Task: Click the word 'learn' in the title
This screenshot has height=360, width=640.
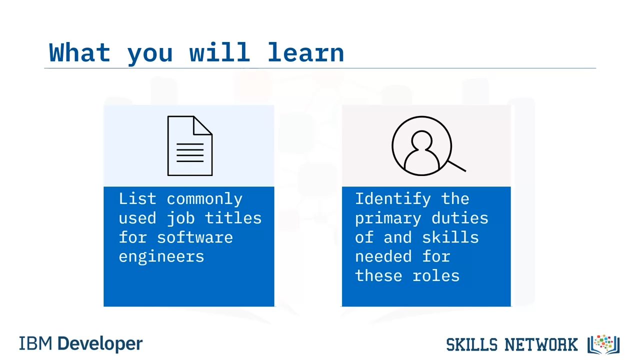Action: point(306,52)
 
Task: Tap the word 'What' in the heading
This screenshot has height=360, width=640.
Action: point(79,52)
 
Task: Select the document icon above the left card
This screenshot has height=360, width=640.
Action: point(190,145)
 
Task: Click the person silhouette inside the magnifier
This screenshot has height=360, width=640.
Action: point(421,151)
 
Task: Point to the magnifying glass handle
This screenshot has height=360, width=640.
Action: point(456,166)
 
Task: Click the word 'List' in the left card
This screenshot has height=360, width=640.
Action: point(137,198)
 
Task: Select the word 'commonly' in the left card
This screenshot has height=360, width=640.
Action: point(204,199)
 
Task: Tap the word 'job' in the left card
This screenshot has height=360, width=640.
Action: point(181,218)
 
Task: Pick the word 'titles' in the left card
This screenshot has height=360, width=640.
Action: point(233,218)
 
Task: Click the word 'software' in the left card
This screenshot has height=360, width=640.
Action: point(195,237)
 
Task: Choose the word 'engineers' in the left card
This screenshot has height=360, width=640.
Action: point(161,257)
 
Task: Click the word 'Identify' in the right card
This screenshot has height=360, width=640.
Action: point(393,199)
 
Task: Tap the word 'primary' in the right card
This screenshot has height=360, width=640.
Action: point(388,219)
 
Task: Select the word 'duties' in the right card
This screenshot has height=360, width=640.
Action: point(459,218)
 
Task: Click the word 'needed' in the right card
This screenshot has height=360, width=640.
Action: point(383,256)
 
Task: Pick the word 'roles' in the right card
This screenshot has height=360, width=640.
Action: point(436,276)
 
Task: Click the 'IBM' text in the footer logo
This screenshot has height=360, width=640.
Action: point(35,343)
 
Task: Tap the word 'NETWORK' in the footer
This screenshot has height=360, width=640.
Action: point(541,344)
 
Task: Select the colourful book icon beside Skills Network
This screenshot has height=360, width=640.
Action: point(603,344)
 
